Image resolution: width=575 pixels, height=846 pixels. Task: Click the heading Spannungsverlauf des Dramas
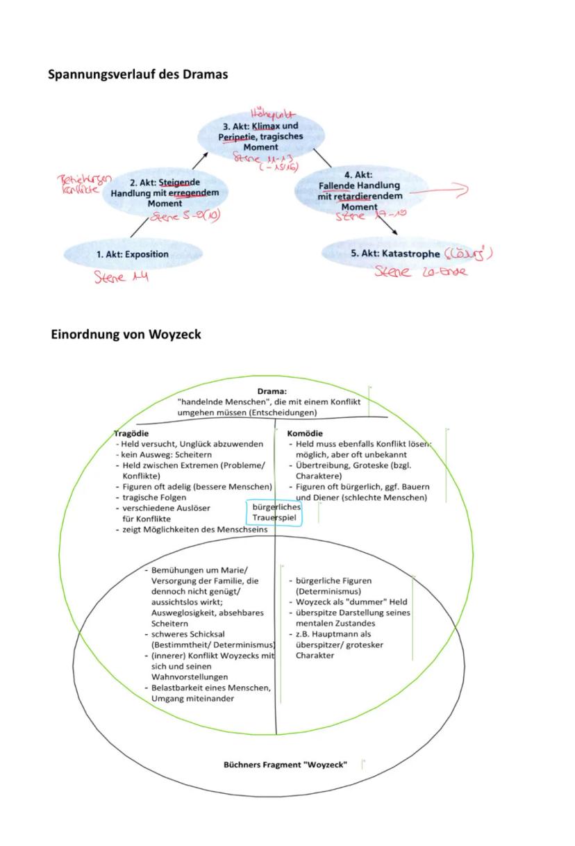pos(137,74)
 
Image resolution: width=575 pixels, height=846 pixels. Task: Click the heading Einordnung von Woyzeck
pos(126,334)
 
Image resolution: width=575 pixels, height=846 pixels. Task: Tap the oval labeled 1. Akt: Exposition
pos(133,254)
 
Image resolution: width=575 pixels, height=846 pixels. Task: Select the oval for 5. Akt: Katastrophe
pos(392,254)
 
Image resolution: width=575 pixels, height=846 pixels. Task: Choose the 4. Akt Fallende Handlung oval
pos(360,190)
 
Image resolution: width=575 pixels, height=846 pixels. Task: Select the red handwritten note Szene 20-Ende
pos(421,272)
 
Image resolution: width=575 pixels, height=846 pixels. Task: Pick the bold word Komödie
pos(305,433)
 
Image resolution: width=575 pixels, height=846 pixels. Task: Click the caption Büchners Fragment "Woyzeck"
pos(285,764)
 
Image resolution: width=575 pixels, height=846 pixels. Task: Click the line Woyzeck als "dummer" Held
pos(351,602)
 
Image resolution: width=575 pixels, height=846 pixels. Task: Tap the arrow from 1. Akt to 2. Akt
pos(141,226)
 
